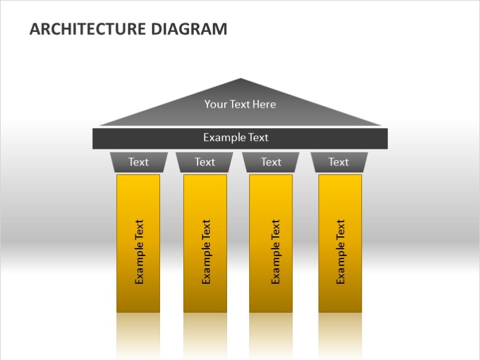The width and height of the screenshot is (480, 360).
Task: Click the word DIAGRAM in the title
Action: point(189,29)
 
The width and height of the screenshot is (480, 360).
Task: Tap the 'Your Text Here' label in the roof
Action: point(240,105)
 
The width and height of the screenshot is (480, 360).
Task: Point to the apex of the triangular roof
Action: point(240,78)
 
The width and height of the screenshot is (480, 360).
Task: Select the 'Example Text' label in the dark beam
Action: point(236,137)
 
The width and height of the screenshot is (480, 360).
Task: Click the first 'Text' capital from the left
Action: point(138,162)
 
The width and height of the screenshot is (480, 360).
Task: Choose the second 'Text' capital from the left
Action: point(204,162)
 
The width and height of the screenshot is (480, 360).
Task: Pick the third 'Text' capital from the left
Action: point(271,162)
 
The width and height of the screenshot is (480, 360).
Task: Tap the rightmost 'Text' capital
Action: point(339,162)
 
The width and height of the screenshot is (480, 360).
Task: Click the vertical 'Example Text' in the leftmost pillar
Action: point(139,252)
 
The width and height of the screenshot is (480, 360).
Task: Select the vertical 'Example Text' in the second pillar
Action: point(206,252)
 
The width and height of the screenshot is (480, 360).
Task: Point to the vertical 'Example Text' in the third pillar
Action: point(276,252)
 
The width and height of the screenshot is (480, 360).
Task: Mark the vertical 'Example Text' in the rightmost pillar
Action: point(340,252)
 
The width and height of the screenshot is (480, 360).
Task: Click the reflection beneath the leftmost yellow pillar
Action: point(138,336)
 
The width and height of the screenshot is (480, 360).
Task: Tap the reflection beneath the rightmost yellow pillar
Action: point(340,336)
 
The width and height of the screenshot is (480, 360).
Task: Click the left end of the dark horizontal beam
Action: point(93,138)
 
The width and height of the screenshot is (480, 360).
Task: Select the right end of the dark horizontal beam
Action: point(387,138)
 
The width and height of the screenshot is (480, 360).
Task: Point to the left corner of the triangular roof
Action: point(100,125)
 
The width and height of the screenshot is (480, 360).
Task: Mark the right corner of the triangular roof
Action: point(381,125)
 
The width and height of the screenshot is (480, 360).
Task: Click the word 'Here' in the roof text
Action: point(264,105)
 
